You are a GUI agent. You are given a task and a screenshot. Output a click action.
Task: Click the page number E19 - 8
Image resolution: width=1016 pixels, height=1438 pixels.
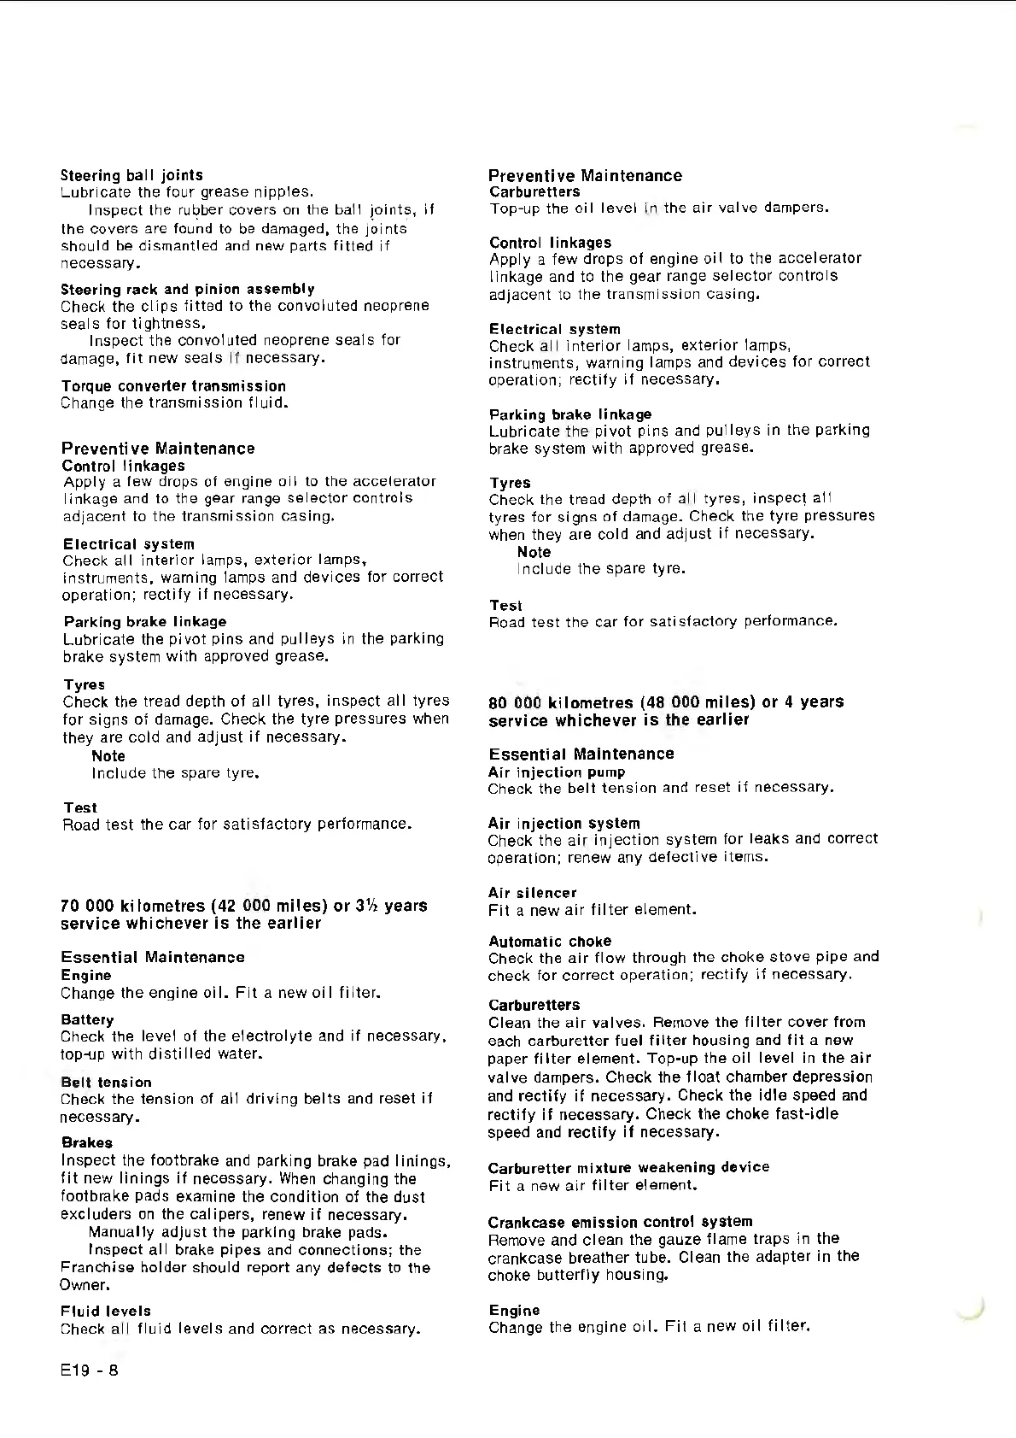tap(89, 1371)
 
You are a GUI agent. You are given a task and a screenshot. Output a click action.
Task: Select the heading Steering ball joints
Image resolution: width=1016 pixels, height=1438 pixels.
tap(131, 175)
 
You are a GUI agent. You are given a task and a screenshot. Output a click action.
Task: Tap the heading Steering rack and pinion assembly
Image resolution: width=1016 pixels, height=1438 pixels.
tap(188, 289)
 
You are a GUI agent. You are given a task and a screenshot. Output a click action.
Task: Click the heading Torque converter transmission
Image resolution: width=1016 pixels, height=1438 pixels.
tap(173, 386)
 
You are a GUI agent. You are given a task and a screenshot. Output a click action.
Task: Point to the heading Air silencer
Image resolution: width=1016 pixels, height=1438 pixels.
tap(532, 893)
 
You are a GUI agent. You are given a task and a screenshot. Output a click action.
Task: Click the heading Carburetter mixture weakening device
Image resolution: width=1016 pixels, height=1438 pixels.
tap(628, 1167)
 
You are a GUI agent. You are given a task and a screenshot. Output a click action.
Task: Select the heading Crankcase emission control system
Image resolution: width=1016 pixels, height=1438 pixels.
tap(620, 1222)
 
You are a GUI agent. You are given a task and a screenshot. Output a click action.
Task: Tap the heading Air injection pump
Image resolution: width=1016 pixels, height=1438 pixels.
tap(545, 772)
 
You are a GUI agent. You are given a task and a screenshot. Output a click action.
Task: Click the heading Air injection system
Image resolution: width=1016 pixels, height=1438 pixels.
tap(563, 823)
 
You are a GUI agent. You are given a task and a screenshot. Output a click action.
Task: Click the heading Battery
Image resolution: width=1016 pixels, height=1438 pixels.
tap(87, 1019)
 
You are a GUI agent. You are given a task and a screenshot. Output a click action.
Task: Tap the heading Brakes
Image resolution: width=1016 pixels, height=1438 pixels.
tap(86, 1142)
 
